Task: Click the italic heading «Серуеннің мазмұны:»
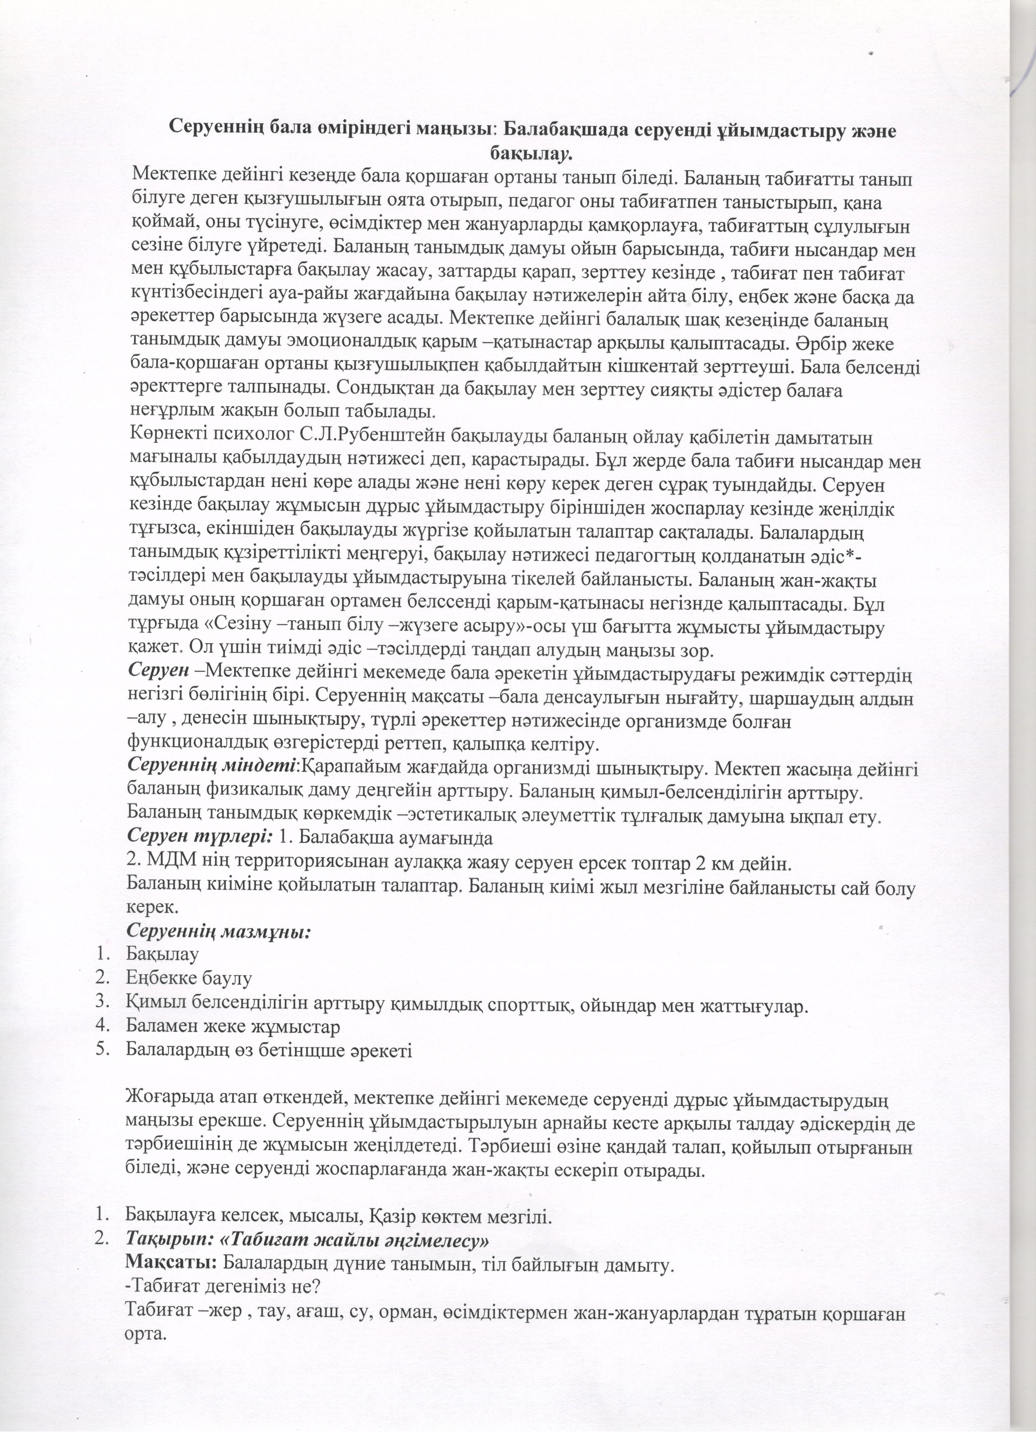[x=219, y=931]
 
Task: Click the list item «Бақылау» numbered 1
[x=162, y=955]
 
